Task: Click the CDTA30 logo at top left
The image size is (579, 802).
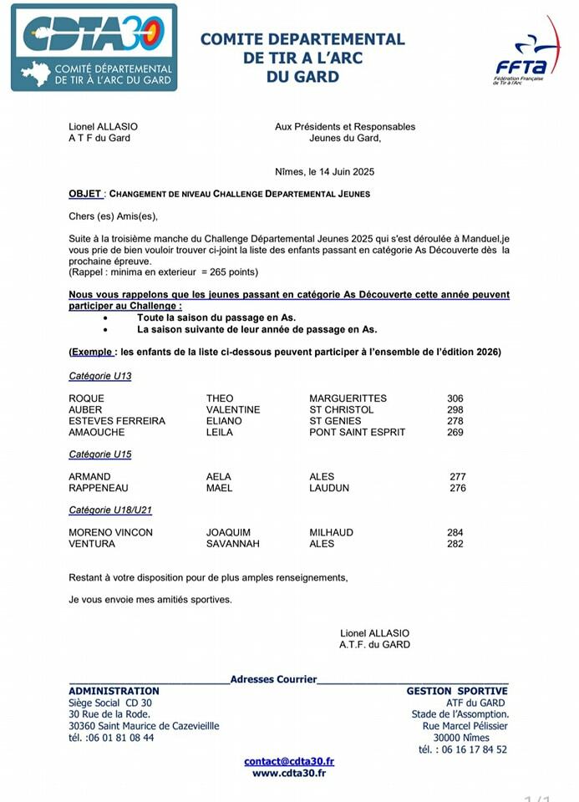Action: [x=94, y=48]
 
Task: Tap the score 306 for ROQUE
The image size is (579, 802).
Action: [x=455, y=398]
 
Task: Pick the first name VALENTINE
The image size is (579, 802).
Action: [x=233, y=410]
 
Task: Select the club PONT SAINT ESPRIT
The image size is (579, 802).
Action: [x=357, y=433]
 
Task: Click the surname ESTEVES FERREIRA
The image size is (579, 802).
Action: [x=117, y=421]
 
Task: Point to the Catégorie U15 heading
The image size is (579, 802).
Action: [x=99, y=454]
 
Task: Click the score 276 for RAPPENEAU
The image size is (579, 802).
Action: [x=458, y=488]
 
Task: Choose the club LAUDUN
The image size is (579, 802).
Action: [x=329, y=488]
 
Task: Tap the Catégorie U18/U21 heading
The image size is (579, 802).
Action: [x=110, y=510]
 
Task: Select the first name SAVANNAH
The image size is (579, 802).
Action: [x=233, y=544]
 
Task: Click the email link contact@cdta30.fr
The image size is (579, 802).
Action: [x=289, y=761]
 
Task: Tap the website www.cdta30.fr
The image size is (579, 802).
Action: [x=289, y=773]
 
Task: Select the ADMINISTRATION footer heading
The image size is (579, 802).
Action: [x=114, y=691]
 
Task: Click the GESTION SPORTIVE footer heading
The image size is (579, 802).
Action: [x=457, y=691]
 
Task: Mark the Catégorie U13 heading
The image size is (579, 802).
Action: [x=99, y=376]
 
